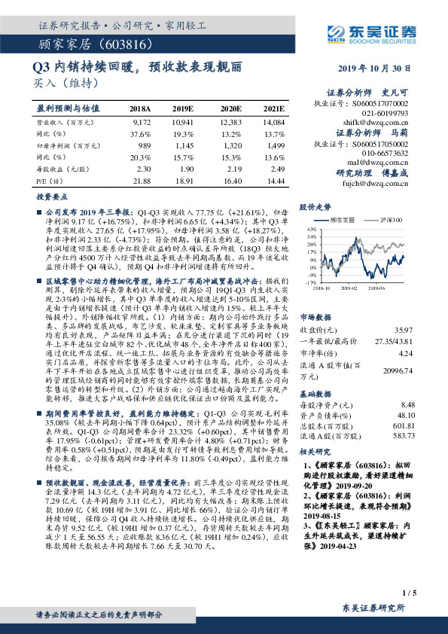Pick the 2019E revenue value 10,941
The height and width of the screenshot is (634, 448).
183,121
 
